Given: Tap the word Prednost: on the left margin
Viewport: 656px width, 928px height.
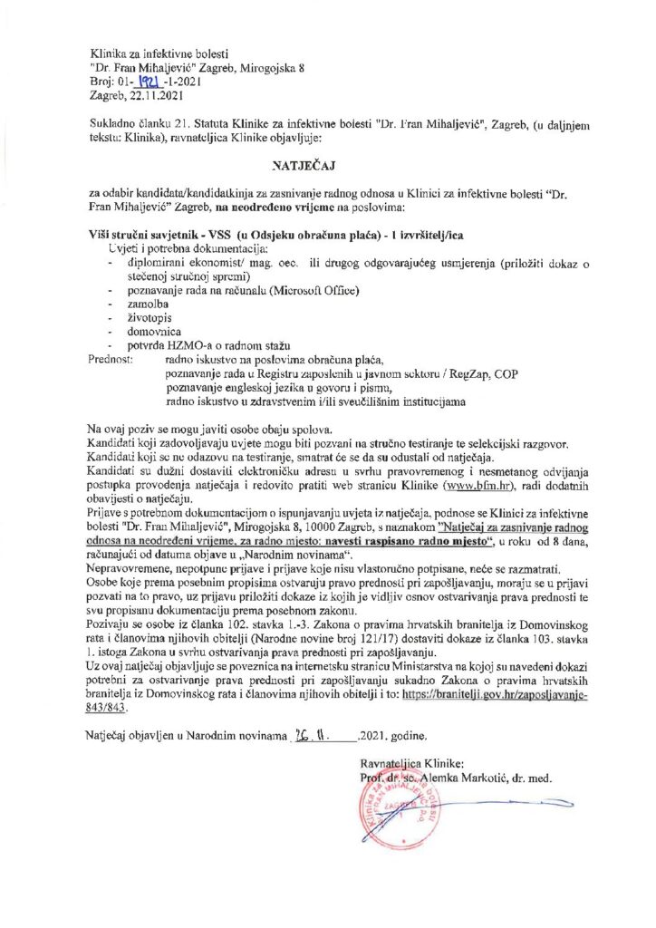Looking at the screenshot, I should [111, 360].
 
